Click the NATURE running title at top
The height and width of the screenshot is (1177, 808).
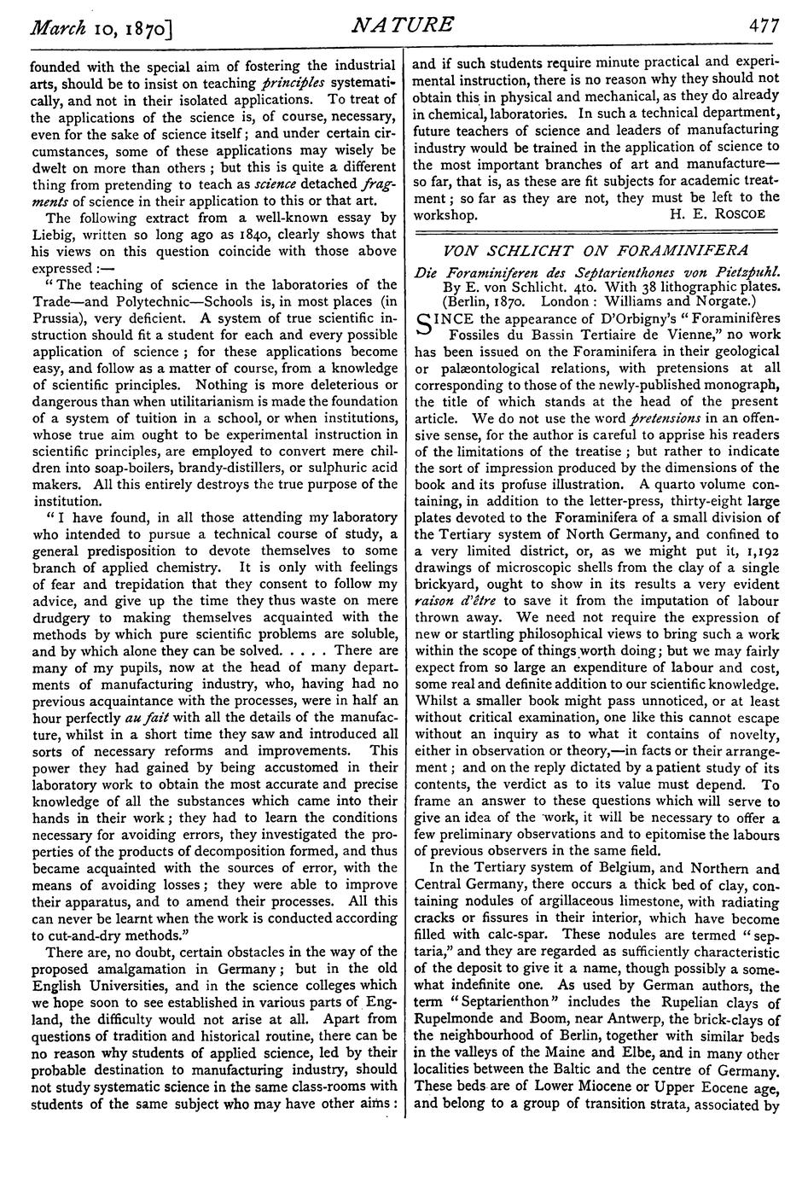point(402,26)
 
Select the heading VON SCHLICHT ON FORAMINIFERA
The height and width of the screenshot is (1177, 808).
point(597,250)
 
